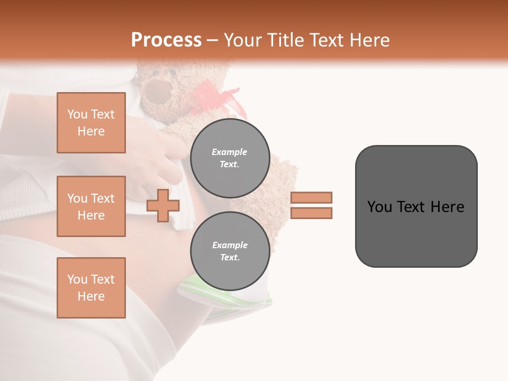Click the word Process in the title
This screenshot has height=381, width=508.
(x=166, y=40)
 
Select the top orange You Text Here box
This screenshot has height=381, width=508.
(x=91, y=123)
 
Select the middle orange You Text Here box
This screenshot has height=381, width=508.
(x=91, y=206)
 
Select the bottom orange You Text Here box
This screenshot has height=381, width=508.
(x=91, y=288)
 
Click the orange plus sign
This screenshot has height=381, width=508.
(x=162, y=206)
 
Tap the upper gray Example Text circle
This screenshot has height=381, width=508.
(x=230, y=158)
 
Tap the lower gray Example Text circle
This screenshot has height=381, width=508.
(x=230, y=251)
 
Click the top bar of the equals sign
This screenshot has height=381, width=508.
(x=311, y=197)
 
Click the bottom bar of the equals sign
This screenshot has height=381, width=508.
(x=311, y=213)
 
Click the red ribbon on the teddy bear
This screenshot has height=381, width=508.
(x=222, y=101)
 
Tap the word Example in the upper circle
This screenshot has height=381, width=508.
(x=230, y=152)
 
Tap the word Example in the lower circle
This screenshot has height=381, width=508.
(x=230, y=245)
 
